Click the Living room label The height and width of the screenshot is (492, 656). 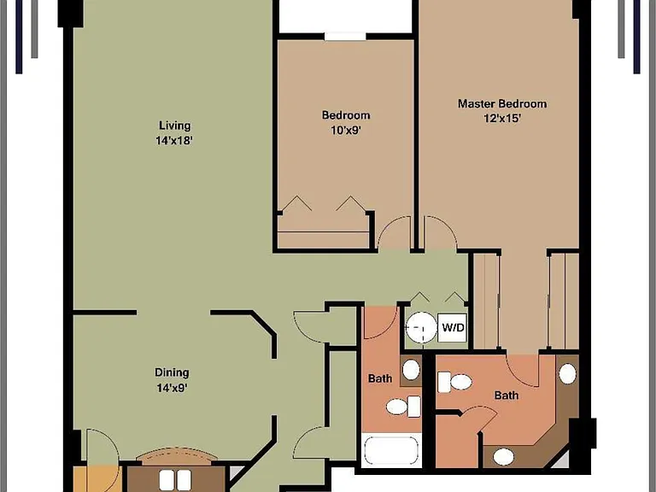coord(175,126)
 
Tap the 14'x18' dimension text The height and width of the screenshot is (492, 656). coord(174,141)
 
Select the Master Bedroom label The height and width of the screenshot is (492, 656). coord(502,103)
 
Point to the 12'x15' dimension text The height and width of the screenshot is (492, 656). coord(502,119)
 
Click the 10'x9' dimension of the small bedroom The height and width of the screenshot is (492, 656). coord(346,131)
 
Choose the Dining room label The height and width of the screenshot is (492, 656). coord(172,372)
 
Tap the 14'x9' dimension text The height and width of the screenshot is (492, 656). coord(172,388)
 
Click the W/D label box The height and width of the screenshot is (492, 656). coord(453,328)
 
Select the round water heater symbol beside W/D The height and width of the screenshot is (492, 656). coord(422,328)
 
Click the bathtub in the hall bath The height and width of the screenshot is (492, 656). coord(391,451)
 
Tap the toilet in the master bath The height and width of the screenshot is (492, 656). coord(454,382)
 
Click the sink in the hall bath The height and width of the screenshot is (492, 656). coord(411,370)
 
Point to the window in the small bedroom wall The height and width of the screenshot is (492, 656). coord(346,37)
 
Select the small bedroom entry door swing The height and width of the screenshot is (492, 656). coord(395,233)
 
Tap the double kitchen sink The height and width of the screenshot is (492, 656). coord(175,480)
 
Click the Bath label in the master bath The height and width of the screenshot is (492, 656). coord(507,395)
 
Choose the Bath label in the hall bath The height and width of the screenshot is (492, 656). coord(380,378)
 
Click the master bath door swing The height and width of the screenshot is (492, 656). coord(523,371)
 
